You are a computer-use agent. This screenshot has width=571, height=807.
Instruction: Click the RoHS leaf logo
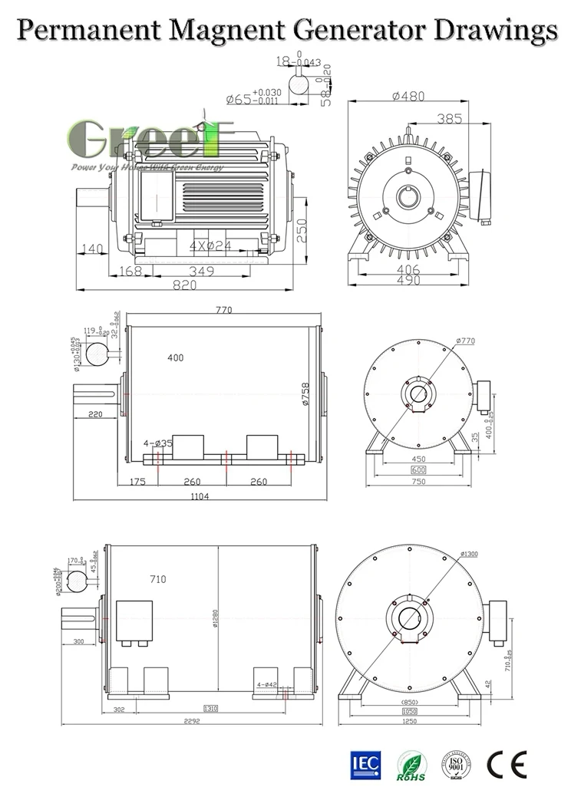(x=410, y=764)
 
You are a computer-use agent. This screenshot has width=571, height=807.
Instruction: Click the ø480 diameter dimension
(x=408, y=97)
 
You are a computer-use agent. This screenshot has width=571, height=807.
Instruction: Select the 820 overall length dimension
(x=184, y=285)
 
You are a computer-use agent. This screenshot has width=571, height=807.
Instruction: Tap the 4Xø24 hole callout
(x=210, y=246)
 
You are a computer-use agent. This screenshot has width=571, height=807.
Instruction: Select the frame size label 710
(x=157, y=579)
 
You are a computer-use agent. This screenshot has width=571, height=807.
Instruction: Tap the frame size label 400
(x=176, y=358)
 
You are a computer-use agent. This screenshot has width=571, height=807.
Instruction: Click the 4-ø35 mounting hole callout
(x=158, y=443)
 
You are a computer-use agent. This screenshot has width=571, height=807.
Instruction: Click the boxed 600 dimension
(x=418, y=469)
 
